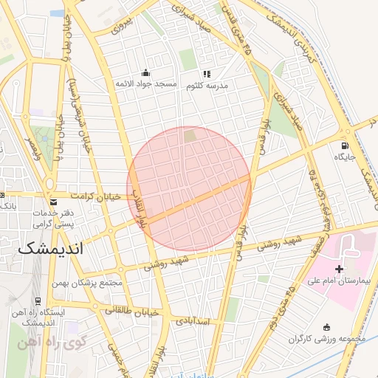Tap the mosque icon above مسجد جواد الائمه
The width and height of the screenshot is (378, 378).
coord(145,73)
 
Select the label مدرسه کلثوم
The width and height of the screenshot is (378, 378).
coord(207,85)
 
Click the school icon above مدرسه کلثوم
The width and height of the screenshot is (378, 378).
coord(207,74)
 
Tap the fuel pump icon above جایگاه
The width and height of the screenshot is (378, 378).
coord(345,145)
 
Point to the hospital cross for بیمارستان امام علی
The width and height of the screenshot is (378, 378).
coord(339,269)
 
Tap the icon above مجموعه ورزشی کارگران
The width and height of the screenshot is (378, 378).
coord(326,326)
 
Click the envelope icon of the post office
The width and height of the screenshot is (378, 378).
coord(52,202)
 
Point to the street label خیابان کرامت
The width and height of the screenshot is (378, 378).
coord(94,196)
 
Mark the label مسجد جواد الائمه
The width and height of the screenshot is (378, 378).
coord(145,85)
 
